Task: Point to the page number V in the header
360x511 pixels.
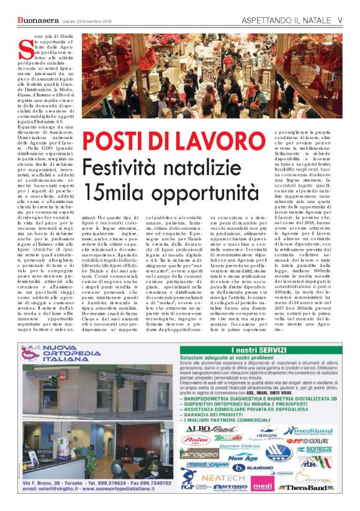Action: [340, 20]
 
